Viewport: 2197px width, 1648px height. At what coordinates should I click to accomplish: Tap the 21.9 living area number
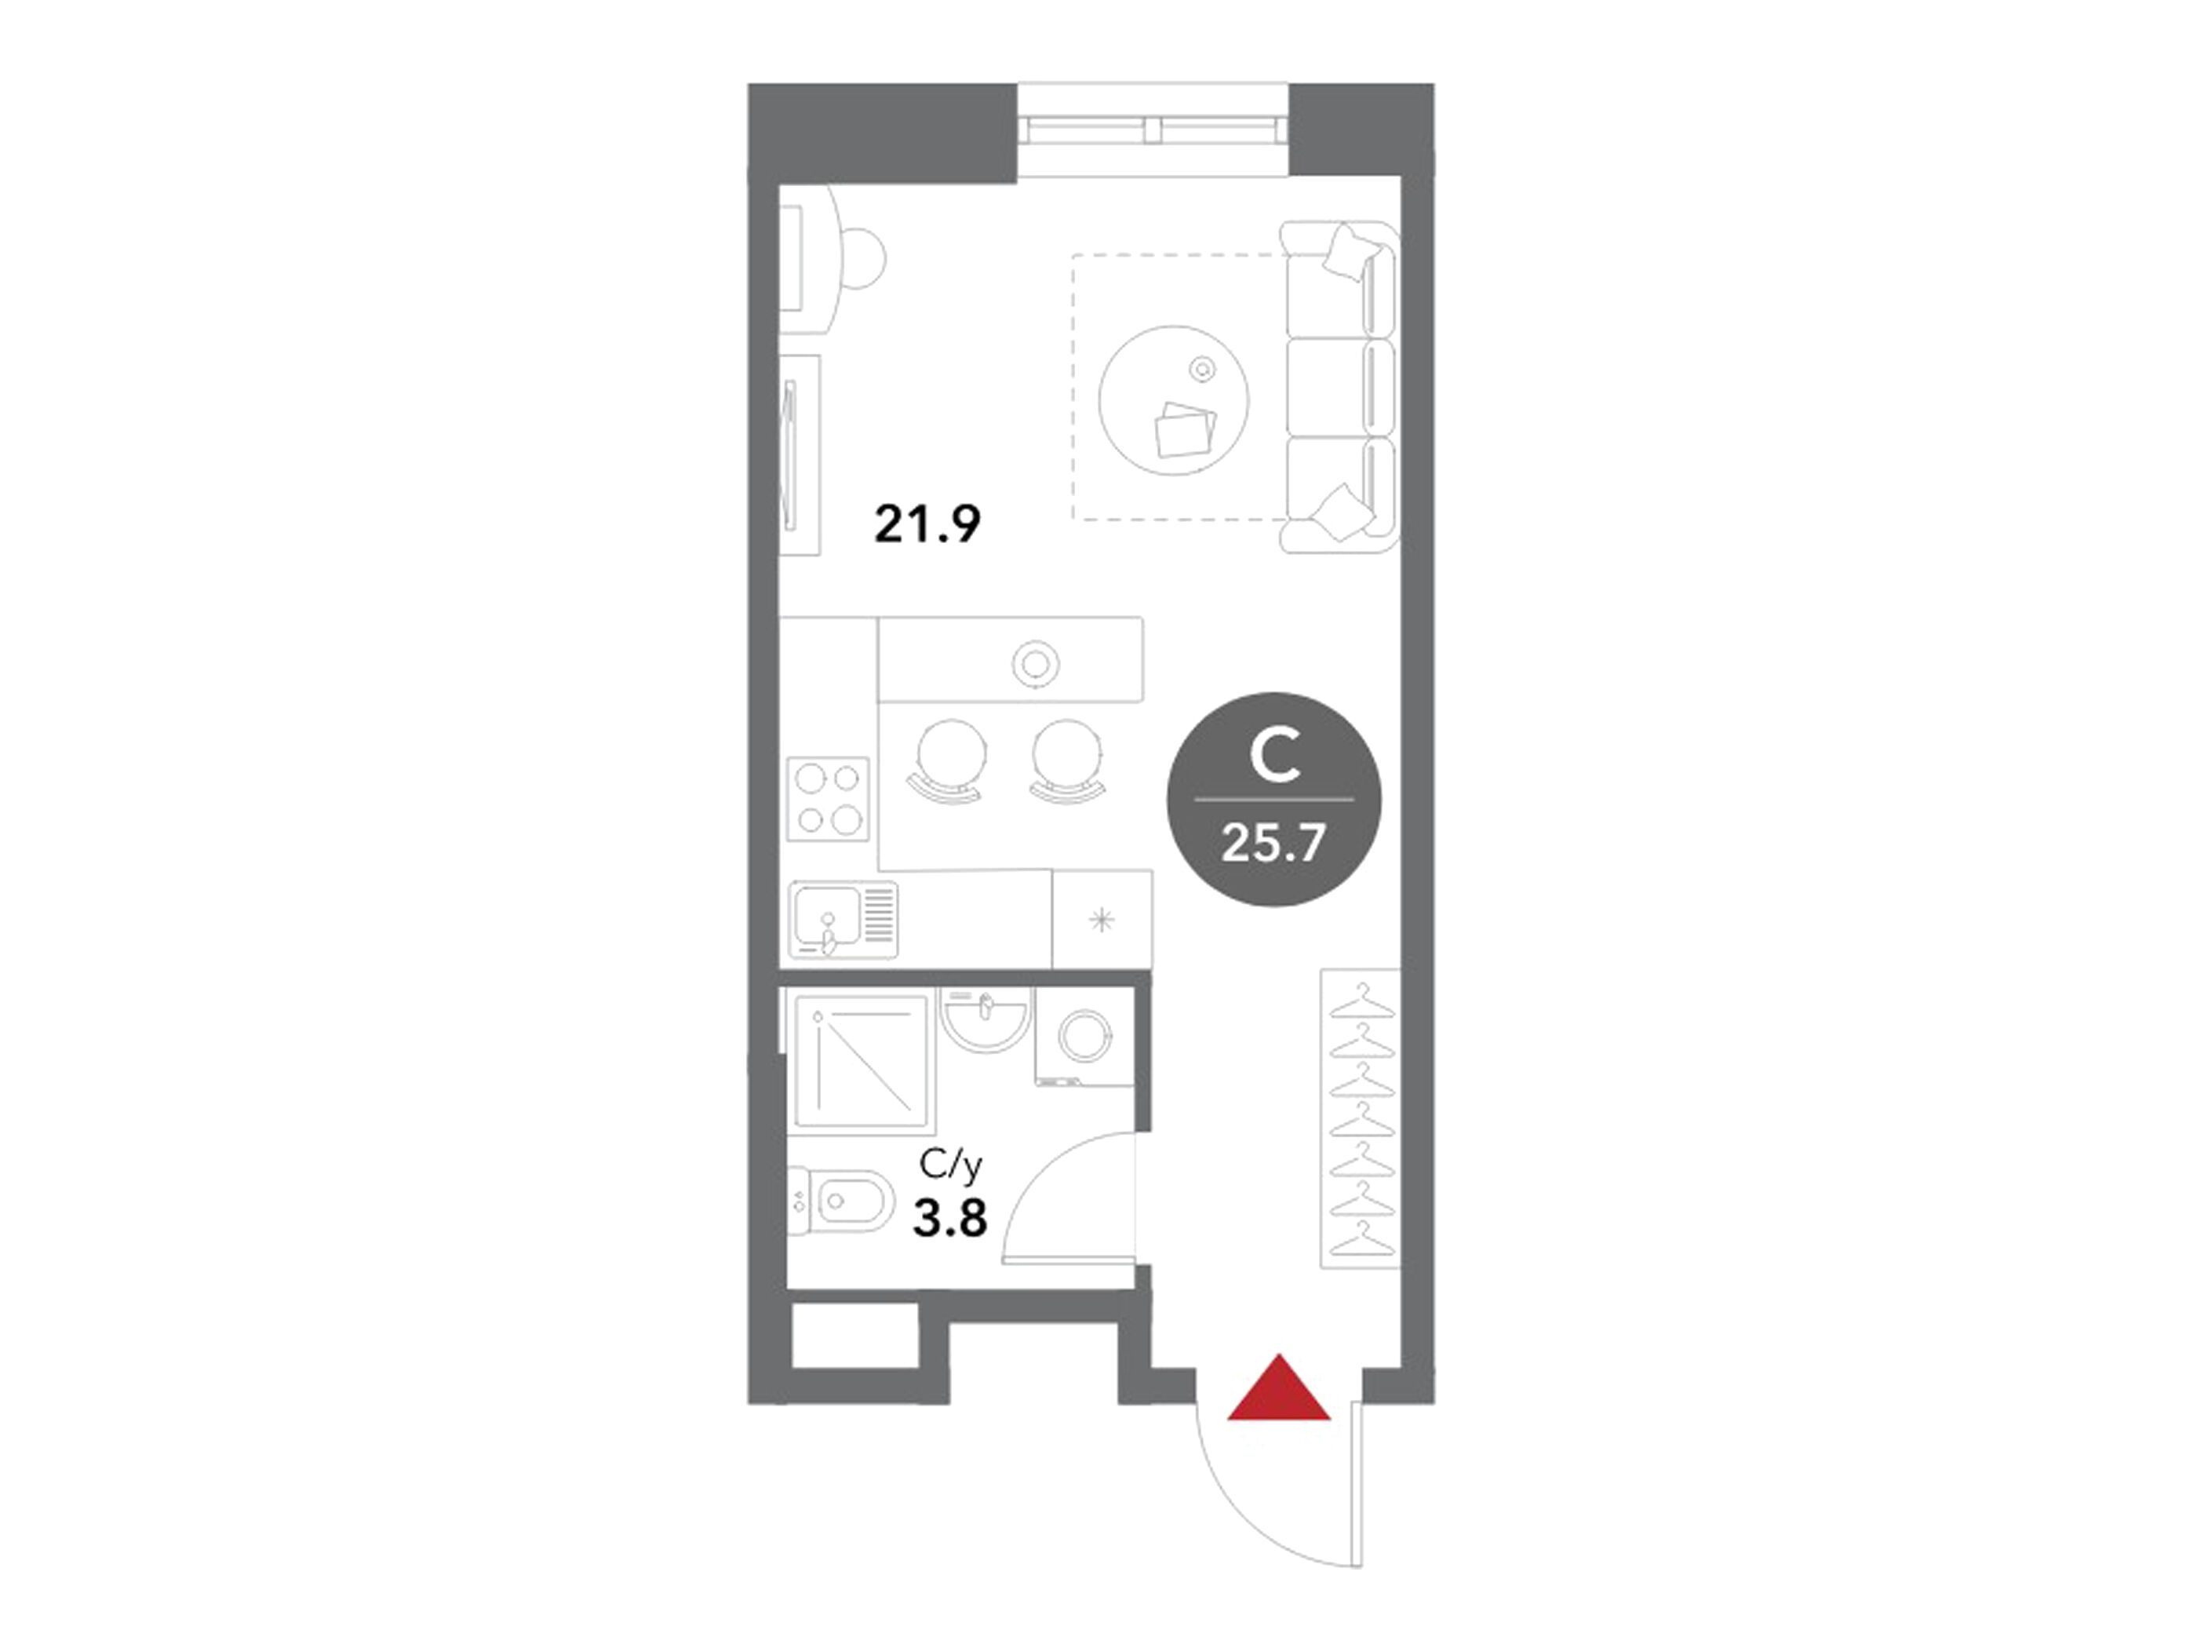click(x=927, y=523)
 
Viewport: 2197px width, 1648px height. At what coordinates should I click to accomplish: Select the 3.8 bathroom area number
click(x=949, y=1219)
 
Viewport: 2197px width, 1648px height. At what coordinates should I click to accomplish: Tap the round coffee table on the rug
click(x=1174, y=400)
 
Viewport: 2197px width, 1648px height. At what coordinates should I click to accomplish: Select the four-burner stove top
click(x=827, y=799)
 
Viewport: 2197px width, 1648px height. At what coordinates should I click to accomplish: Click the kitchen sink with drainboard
click(x=843, y=919)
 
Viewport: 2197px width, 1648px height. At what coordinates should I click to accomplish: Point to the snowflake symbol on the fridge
click(x=1102, y=921)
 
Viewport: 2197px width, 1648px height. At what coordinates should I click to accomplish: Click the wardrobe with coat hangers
click(x=1360, y=1118)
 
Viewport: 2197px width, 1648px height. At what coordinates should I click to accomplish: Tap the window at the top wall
click(x=1154, y=129)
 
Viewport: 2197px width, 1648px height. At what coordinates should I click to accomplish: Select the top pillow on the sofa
click(x=1349, y=251)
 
